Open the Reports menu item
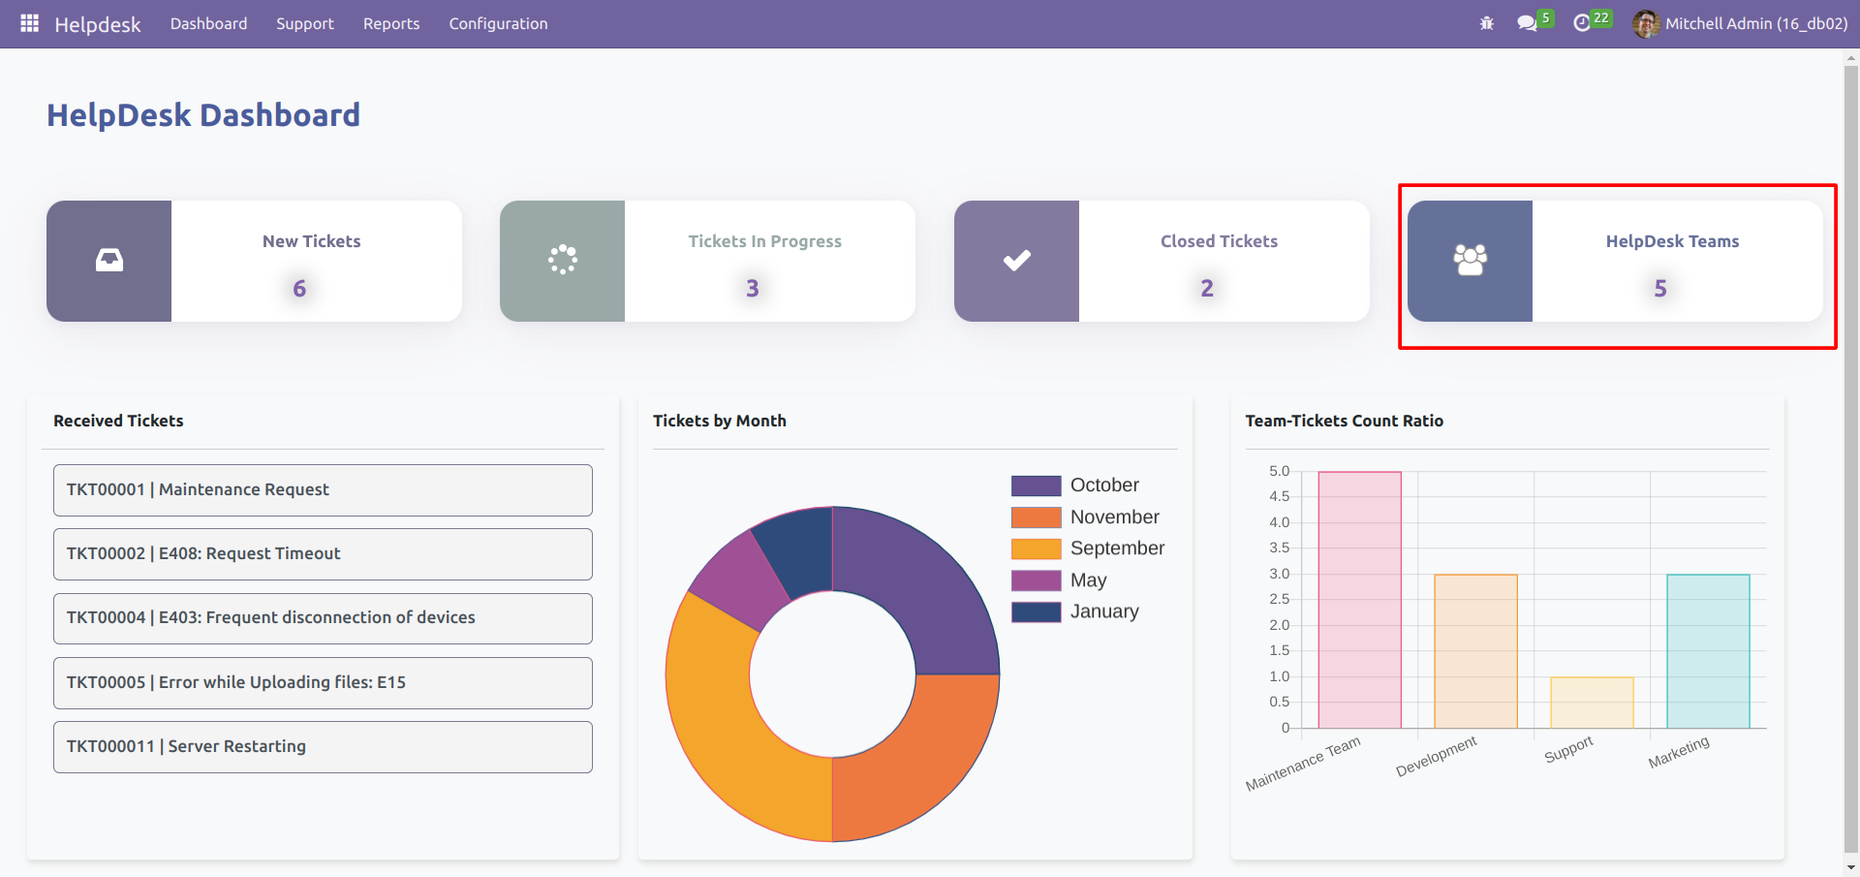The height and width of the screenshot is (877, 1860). tap(391, 23)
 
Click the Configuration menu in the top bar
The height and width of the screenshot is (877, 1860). tap(498, 23)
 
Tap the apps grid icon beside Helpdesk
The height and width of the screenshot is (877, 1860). tap(29, 23)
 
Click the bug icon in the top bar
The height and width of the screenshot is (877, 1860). tap(1487, 23)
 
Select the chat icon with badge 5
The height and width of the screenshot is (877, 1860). tap(1528, 23)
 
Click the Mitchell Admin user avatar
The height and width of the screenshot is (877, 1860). tap(1645, 23)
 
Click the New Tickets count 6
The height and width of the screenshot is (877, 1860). tap(299, 288)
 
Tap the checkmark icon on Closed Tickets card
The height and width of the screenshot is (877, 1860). tap(1016, 261)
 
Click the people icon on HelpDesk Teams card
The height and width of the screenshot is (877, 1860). tap(1470, 261)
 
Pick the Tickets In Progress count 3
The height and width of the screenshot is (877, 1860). tap(753, 288)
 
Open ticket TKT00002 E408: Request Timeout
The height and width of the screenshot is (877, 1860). tap(323, 553)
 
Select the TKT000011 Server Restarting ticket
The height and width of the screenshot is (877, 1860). tap(323, 746)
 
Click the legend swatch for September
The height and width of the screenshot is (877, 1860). tap(1036, 548)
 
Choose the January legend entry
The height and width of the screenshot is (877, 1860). tap(1104, 611)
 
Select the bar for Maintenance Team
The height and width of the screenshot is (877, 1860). tap(1359, 600)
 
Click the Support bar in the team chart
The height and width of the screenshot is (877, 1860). tap(1592, 703)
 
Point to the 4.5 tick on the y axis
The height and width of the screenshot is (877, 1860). tap(1279, 496)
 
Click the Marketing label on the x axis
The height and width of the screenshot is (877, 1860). tap(1679, 752)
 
